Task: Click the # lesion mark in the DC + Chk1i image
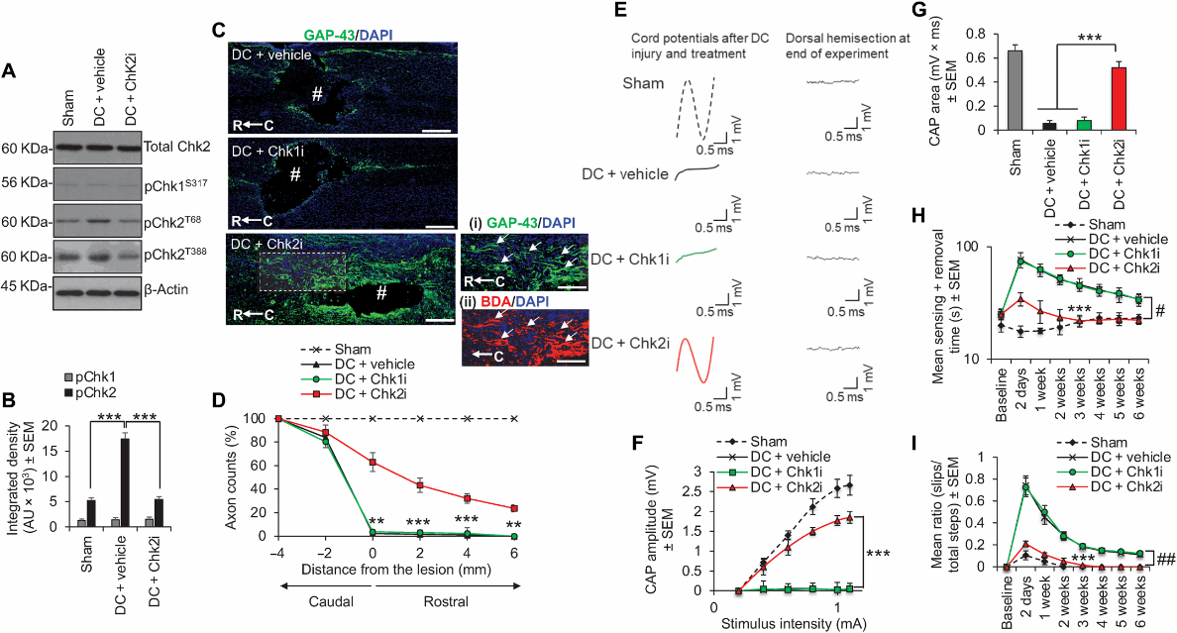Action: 293,174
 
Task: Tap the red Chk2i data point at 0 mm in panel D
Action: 373,462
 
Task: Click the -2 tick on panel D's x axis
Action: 324,551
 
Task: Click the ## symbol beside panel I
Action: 1166,561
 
